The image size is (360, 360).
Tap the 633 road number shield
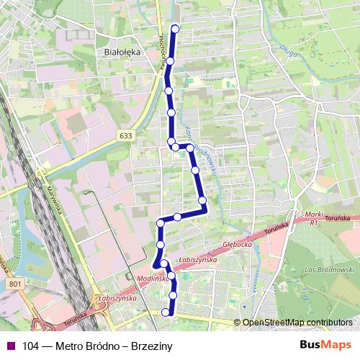coord(127,135)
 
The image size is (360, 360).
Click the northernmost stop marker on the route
coord(175,29)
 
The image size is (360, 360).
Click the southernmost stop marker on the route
coord(166,312)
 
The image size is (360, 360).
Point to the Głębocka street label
coord(237,245)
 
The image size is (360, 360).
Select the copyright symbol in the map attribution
coord(237,323)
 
